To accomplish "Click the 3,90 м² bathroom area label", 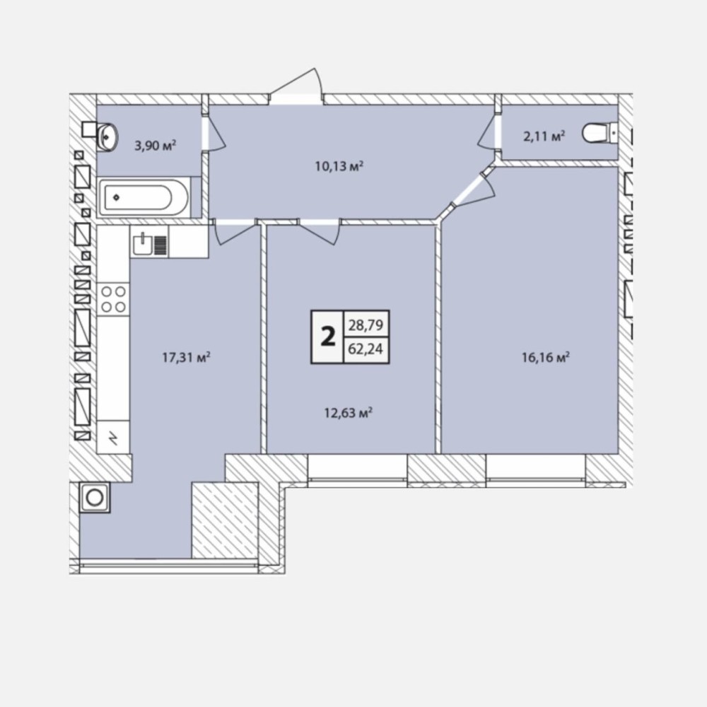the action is [x=155, y=145].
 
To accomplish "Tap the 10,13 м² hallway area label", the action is [x=339, y=166].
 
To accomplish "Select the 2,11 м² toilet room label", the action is [x=544, y=136].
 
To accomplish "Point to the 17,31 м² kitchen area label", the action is [x=186, y=358].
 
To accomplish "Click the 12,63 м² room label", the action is [x=348, y=413].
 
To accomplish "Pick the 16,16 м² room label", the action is [x=546, y=358].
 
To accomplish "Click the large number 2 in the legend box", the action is [x=328, y=337].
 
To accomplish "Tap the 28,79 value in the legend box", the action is [x=366, y=325].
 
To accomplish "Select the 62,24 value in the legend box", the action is [x=366, y=349].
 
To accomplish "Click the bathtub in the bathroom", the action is [x=144, y=197].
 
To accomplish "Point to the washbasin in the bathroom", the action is [x=107, y=135].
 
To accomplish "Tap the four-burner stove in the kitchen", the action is [x=113, y=299].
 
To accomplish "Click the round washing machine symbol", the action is [x=95, y=497].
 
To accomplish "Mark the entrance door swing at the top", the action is [x=296, y=86].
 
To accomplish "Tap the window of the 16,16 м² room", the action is [x=536, y=471].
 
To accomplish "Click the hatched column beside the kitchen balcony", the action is [x=225, y=520].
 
